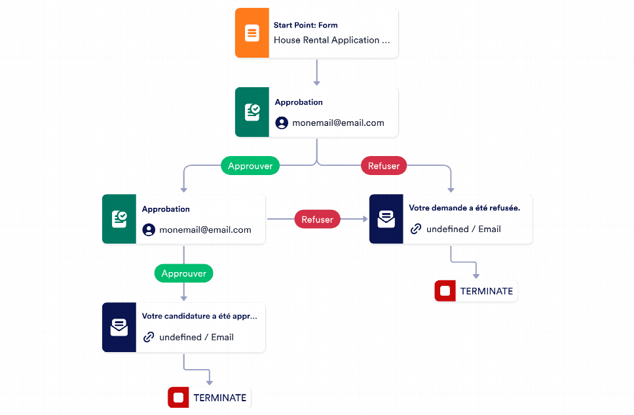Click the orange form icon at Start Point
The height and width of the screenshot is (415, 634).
pyautogui.click(x=252, y=33)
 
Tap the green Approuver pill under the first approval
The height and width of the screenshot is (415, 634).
pyautogui.click(x=250, y=166)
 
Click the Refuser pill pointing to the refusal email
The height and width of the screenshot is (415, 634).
pyautogui.click(x=318, y=220)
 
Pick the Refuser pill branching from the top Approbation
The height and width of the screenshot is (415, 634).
pyautogui.click(x=384, y=166)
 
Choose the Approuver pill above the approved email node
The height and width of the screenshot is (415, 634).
pyautogui.click(x=184, y=273)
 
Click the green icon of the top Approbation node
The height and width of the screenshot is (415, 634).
pyautogui.click(x=252, y=112)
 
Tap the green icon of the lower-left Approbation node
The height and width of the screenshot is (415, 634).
pyautogui.click(x=119, y=219)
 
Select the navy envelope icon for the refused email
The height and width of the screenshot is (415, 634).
pyautogui.click(x=386, y=219)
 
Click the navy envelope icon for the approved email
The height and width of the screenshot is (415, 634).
pyautogui.click(x=119, y=327)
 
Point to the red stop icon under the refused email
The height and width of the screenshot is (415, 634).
pyautogui.click(x=445, y=290)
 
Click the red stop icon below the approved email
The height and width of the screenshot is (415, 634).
pyautogui.click(x=178, y=397)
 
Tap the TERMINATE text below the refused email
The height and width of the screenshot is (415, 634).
pyautogui.click(x=487, y=291)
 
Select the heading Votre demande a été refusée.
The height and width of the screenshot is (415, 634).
pyautogui.click(x=464, y=208)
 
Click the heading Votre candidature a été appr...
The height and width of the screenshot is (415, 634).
pyautogui.click(x=199, y=316)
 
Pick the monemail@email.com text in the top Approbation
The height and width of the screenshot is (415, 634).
pyautogui.click(x=338, y=123)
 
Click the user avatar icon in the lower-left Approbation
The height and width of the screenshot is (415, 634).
pyautogui.click(x=149, y=229)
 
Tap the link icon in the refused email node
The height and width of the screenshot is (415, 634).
pyautogui.click(x=416, y=229)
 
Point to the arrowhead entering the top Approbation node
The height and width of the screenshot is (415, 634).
pyautogui.click(x=317, y=83)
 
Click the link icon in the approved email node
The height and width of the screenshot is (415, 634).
pyautogui.click(x=149, y=337)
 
